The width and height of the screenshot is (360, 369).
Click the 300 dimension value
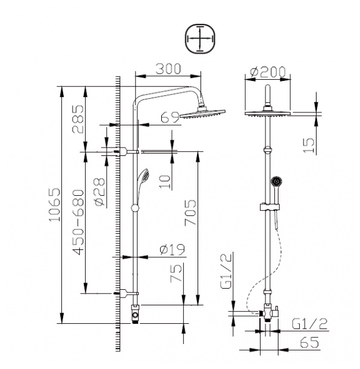[x=168, y=69]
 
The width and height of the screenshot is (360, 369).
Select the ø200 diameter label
[x=268, y=72]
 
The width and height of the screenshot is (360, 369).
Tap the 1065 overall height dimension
[x=55, y=204]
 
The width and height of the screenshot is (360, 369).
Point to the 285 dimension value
[x=78, y=119]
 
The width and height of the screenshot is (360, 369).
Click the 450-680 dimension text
[x=78, y=222]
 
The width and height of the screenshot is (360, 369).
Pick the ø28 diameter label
[x=99, y=192]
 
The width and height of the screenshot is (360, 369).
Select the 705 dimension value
[x=190, y=212]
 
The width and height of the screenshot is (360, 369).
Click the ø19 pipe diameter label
[x=172, y=250]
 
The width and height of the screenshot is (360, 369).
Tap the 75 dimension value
[x=176, y=273]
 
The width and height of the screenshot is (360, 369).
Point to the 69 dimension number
[x=170, y=117]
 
